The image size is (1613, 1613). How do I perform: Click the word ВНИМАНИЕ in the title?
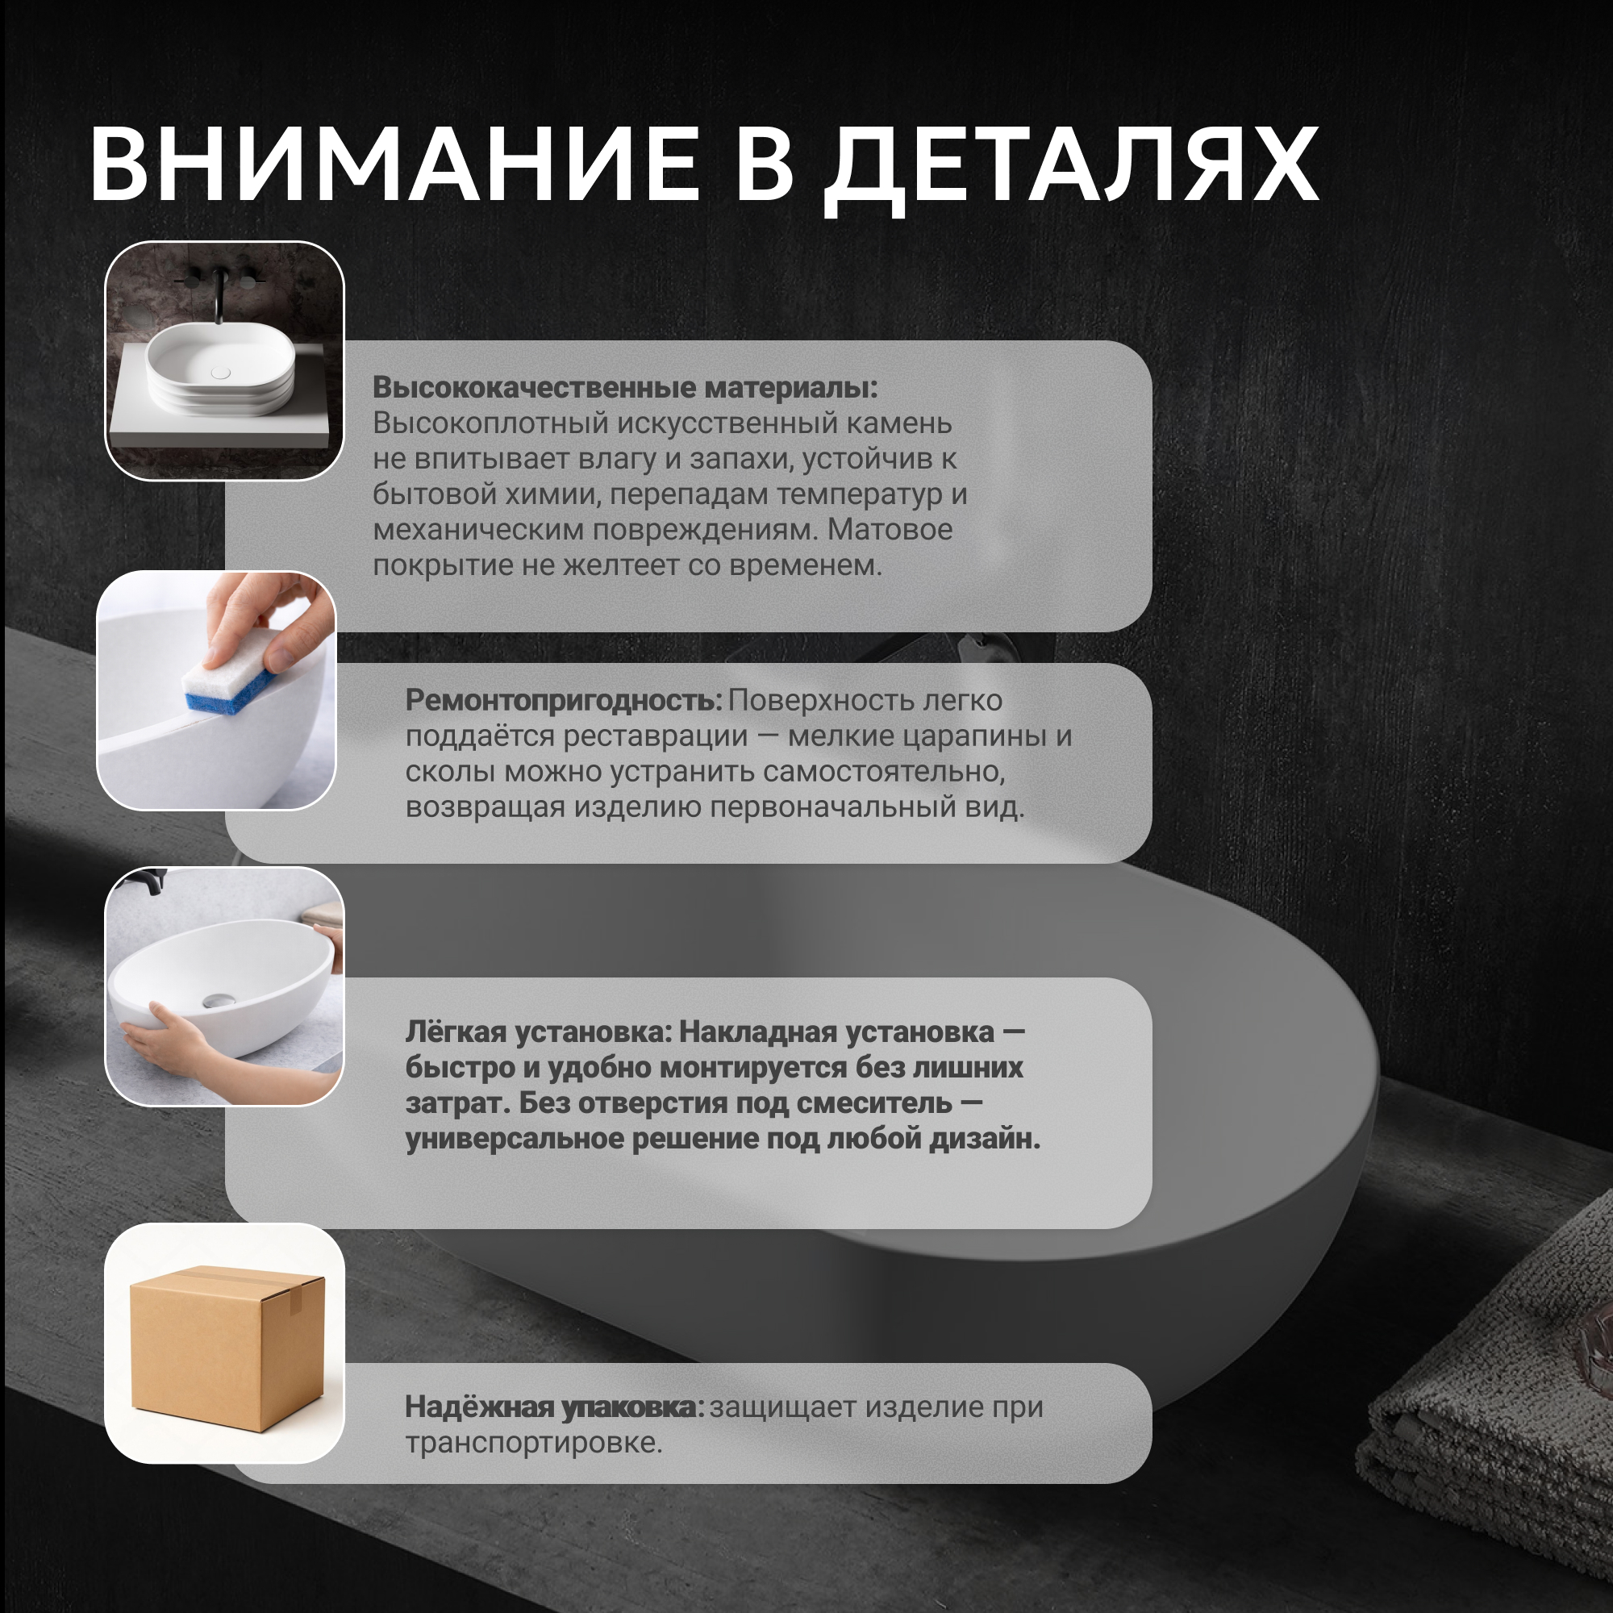point(394,164)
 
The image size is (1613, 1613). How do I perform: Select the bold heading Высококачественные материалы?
point(624,387)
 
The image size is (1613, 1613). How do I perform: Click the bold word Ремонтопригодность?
point(564,701)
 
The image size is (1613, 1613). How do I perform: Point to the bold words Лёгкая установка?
point(539,1032)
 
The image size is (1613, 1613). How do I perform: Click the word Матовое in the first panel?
point(890,530)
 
